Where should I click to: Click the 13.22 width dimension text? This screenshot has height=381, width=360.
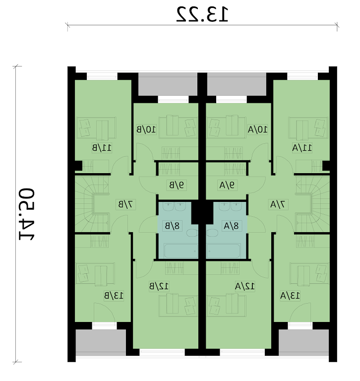tap(202, 14)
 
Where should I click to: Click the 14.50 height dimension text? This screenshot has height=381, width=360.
tap(27, 214)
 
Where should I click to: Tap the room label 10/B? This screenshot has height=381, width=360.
tap(146, 129)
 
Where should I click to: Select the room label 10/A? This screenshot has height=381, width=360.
tap(258, 129)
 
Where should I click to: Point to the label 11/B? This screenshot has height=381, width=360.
tap(102, 148)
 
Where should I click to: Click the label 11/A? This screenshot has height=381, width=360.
tap(302, 148)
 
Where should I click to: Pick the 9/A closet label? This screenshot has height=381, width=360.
tap(227, 186)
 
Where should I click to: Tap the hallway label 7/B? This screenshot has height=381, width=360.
tap(125, 204)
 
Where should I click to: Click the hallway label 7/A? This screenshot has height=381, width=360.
tap(279, 204)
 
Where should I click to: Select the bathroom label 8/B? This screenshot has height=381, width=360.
tap(172, 226)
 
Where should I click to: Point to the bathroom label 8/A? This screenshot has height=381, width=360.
tap(231, 226)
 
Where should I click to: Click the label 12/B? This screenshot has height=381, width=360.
tap(159, 286)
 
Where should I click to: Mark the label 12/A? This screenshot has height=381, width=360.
tap(245, 286)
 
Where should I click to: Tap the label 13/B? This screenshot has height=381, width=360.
tap(114, 296)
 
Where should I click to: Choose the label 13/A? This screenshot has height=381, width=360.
tap(290, 296)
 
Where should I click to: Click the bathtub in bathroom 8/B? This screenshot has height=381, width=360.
tap(180, 251)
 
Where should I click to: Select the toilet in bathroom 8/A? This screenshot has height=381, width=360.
tap(212, 233)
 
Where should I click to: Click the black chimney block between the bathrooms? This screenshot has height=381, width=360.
tap(202, 212)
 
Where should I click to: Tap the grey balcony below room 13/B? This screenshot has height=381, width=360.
tap(101, 341)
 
